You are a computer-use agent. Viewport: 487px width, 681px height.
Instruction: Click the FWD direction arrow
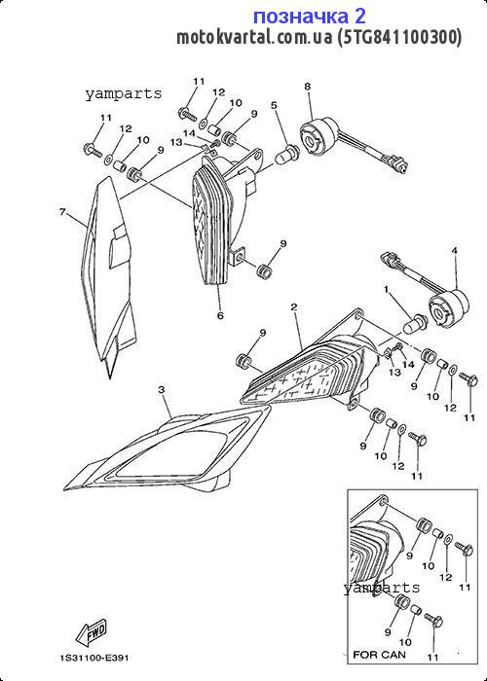tap(92, 632)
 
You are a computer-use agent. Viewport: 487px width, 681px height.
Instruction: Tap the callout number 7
tap(62, 212)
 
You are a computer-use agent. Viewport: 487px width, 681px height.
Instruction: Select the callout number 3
tap(162, 389)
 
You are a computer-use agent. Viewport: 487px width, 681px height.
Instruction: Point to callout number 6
tap(220, 315)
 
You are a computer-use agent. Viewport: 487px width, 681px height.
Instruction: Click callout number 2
tap(294, 307)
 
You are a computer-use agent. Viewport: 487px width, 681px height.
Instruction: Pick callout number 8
tap(308, 86)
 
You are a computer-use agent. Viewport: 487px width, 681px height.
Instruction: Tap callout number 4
tap(455, 251)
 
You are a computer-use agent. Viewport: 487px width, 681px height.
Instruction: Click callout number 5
tap(274, 105)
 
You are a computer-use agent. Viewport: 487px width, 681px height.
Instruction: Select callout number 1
tap(386, 288)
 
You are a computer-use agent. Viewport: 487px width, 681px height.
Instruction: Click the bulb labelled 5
tap(287, 154)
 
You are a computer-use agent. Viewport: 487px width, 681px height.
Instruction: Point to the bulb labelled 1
tap(415, 323)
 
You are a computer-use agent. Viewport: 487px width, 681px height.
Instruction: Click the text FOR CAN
tap(379, 654)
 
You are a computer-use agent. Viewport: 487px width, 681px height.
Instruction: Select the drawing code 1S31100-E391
tap(94, 658)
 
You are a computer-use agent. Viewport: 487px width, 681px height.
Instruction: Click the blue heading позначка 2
tap(310, 17)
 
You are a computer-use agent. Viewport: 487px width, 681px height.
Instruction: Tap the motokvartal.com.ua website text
tap(255, 37)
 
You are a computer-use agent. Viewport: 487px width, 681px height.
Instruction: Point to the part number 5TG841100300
tap(399, 37)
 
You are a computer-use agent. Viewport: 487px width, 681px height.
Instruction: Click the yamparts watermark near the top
tap(124, 93)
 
